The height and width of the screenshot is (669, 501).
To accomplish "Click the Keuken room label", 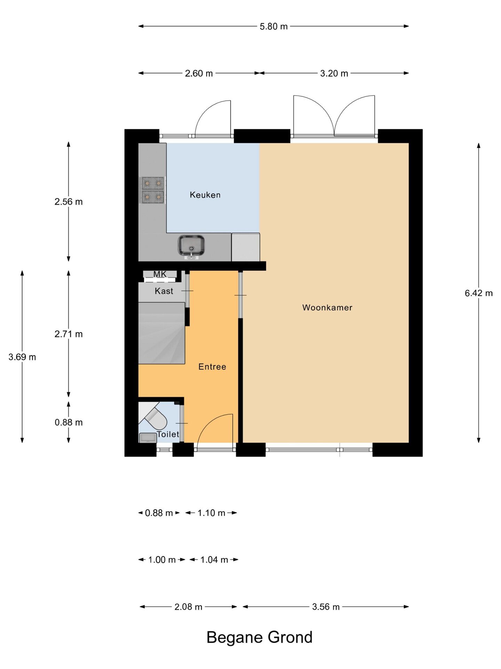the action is pyautogui.click(x=205, y=195).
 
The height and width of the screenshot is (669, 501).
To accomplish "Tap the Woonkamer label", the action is pyautogui.click(x=327, y=308).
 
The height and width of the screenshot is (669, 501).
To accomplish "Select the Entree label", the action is pyautogui.click(x=212, y=367).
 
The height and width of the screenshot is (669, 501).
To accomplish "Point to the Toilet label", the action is pyautogui.click(x=168, y=434).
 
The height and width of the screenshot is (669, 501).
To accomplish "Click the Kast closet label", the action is pyautogui.click(x=164, y=291).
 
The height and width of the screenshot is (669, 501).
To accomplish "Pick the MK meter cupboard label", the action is pyautogui.click(x=160, y=274).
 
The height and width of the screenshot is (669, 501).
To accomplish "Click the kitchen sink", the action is pyautogui.click(x=191, y=246).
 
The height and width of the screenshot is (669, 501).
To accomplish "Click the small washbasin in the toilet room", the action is pyautogui.click(x=148, y=438).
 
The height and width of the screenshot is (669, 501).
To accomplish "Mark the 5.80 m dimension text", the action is pyautogui.click(x=274, y=26).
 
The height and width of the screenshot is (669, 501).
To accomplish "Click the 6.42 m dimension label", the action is pyautogui.click(x=479, y=293).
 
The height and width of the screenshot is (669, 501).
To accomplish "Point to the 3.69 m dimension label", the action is pyautogui.click(x=22, y=357).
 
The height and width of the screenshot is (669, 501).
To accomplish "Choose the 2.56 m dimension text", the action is pyautogui.click(x=69, y=202).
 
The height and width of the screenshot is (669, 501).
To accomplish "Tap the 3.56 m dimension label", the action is pyautogui.click(x=326, y=607).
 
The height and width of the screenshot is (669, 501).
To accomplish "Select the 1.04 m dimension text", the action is pyautogui.click(x=214, y=560).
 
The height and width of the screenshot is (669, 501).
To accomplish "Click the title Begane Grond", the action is pyautogui.click(x=260, y=637).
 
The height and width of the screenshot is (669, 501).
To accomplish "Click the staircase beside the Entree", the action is pyautogui.click(x=161, y=333).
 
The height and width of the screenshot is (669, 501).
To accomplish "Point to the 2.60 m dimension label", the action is pyautogui.click(x=199, y=74).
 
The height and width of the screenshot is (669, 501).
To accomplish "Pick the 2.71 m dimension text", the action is pyautogui.click(x=69, y=334).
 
